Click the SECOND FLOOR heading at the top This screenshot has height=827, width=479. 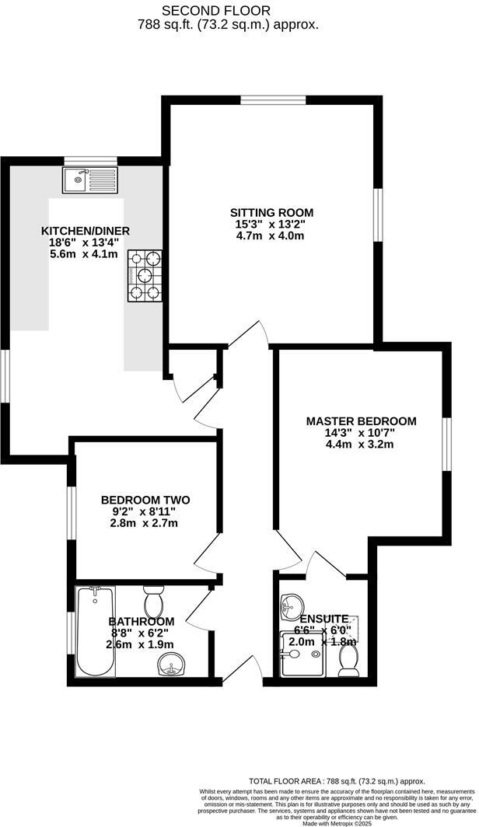216,10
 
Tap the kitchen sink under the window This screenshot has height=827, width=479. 89,181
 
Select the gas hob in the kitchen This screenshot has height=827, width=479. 145,275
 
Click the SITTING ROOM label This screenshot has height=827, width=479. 271,212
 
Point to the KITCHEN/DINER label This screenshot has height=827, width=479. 86,231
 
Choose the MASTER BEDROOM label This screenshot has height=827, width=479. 361,421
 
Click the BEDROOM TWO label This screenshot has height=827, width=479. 145,500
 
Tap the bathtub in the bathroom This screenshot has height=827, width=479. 96,630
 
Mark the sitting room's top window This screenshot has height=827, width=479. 272,99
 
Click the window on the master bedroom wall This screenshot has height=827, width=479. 447,444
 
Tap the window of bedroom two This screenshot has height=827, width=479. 71,512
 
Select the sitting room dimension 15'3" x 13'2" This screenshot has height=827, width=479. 271,225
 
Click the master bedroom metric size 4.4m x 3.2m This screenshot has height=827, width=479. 360,445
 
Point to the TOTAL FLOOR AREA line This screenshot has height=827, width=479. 337,780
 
